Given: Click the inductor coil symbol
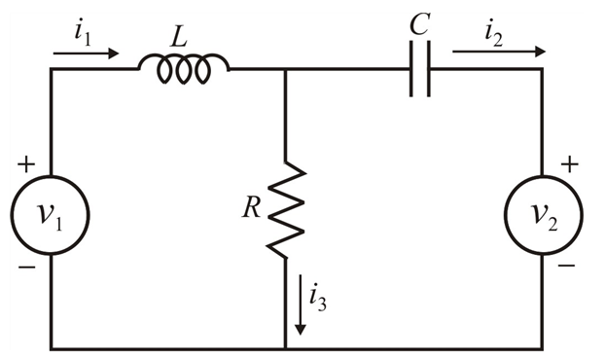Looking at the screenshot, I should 184,67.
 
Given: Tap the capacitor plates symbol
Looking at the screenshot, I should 420,69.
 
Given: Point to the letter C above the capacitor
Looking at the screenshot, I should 419,24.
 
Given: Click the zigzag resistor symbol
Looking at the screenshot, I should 287,209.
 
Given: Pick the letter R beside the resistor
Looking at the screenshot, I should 252,209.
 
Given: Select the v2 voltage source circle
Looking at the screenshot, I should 543,215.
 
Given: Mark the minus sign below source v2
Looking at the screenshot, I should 569,265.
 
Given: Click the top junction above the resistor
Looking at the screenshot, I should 287,70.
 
